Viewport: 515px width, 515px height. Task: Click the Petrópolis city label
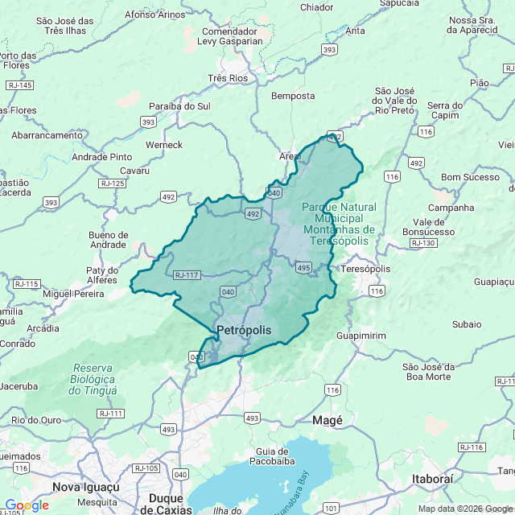244,330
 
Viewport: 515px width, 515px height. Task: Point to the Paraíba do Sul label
179,106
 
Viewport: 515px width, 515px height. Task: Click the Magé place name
328,420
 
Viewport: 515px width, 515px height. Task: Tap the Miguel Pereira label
74,295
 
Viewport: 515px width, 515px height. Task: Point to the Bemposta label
294,96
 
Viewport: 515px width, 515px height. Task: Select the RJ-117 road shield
187,275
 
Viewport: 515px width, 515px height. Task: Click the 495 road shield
303,267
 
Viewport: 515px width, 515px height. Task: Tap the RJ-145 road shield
19,85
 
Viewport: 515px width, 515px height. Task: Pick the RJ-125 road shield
113,183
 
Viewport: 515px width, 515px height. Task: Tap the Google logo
27,505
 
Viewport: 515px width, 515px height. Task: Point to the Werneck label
164,145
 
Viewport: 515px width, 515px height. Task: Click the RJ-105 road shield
146,468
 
